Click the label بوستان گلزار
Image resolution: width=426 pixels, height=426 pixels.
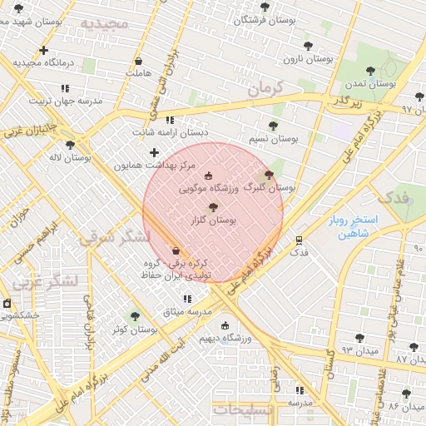[214, 220]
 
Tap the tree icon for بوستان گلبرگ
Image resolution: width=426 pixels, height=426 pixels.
[268, 176]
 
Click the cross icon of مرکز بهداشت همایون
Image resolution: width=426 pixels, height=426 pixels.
[154, 152]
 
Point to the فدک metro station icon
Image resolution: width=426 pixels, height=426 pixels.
[299, 240]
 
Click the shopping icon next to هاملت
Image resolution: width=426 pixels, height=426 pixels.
[137, 62]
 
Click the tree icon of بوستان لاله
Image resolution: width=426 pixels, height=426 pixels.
[70, 145]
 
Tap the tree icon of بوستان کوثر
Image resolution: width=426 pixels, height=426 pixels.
[136, 316]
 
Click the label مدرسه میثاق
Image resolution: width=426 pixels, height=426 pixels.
[187, 310]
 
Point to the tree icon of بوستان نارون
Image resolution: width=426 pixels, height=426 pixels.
[308, 47]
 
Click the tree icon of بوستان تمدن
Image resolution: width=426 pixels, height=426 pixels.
[370, 72]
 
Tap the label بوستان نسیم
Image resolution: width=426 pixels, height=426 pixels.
[274, 138]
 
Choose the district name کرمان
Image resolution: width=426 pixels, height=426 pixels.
[266, 87]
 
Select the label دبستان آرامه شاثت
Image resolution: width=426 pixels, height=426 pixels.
[171, 131]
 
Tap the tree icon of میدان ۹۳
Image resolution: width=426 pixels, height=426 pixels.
[359, 338]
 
